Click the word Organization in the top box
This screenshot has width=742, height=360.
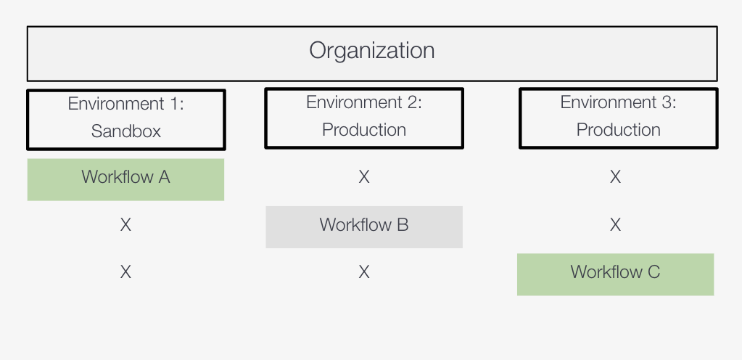tap(371, 51)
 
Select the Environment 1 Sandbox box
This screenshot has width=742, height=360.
tap(126, 118)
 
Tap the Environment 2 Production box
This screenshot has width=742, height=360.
tap(364, 118)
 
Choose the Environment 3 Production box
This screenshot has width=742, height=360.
tap(619, 118)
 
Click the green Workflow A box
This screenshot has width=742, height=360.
tap(125, 179)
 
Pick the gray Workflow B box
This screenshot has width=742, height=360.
tap(364, 226)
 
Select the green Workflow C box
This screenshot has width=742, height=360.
tap(615, 274)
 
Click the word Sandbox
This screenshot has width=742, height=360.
tap(126, 131)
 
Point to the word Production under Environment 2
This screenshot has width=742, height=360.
tap(364, 130)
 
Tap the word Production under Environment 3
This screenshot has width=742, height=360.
tap(619, 130)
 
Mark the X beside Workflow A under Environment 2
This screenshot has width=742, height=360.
tap(364, 177)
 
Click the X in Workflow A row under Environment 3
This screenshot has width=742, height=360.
tap(615, 177)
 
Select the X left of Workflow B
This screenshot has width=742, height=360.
tap(125, 225)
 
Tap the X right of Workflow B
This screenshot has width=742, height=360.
tap(615, 225)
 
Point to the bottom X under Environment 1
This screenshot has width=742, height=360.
tap(125, 272)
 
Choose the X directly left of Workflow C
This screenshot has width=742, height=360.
tap(364, 272)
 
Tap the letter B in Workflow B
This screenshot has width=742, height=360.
tap(403, 225)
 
